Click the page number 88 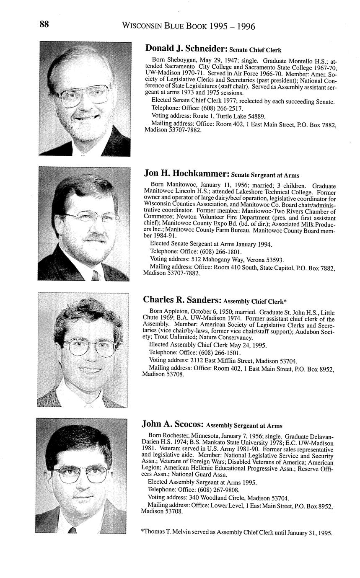[44, 24]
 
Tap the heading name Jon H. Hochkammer [186, 173]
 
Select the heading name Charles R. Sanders [182, 299]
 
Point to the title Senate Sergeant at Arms [265, 175]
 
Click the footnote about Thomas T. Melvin [237, 533]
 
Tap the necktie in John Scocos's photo [72, 530]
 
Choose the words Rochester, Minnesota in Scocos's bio [196, 436]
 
